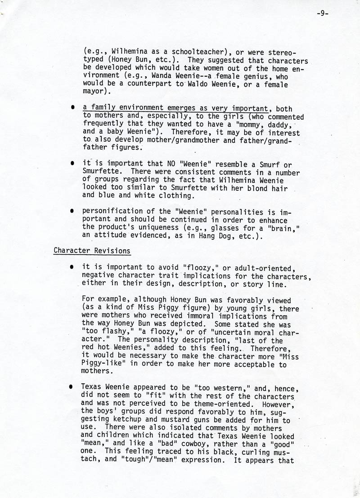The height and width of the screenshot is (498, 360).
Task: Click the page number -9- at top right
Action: pyautogui.click(x=322, y=13)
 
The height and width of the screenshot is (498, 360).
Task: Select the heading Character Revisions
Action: pyautogui.click(x=92, y=251)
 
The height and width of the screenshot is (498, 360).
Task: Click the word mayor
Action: pyautogui.click(x=94, y=93)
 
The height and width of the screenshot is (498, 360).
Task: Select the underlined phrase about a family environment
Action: pyautogui.click(x=175, y=109)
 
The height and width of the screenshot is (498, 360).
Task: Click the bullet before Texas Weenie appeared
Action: pyautogui.click(x=71, y=388)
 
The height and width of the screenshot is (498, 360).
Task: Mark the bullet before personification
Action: pyautogui.click(x=71, y=211)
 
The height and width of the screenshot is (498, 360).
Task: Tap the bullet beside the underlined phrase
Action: pyautogui.click(x=71, y=109)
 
